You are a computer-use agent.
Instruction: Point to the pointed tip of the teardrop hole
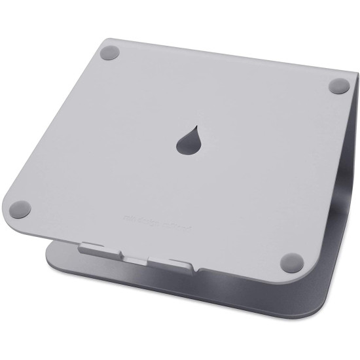[x=194, y=118]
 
